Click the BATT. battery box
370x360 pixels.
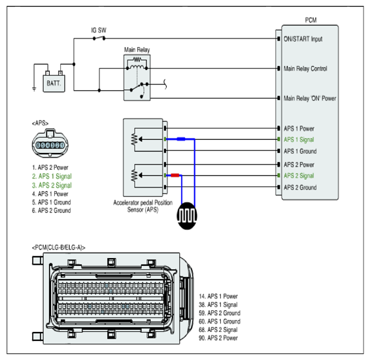tap(54, 83)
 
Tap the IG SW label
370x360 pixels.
tap(99, 31)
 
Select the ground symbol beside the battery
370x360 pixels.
tap(34, 89)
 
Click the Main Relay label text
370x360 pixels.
tap(137, 50)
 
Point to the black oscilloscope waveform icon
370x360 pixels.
tap(187, 216)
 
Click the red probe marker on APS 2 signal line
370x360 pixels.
tap(175, 175)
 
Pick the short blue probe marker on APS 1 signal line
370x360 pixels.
tap(181, 139)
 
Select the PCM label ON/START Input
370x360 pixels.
tap(303, 39)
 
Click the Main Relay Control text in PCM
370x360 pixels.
tap(305, 69)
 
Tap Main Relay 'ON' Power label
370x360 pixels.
tap(310, 99)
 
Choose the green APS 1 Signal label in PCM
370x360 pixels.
tap(299, 140)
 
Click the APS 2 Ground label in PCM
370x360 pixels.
tap(300, 188)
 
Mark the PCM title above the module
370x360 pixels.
tap(311, 20)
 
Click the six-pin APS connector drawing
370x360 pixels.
tap(50, 143)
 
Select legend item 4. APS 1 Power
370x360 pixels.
tap(50, 194)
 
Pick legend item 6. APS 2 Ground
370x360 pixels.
tap(51, 210)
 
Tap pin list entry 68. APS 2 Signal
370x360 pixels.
tap(218, 330)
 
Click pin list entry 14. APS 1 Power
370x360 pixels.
tap(218, 297)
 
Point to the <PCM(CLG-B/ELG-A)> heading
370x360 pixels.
tap(59, 248)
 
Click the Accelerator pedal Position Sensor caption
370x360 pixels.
tap(143, 206)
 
